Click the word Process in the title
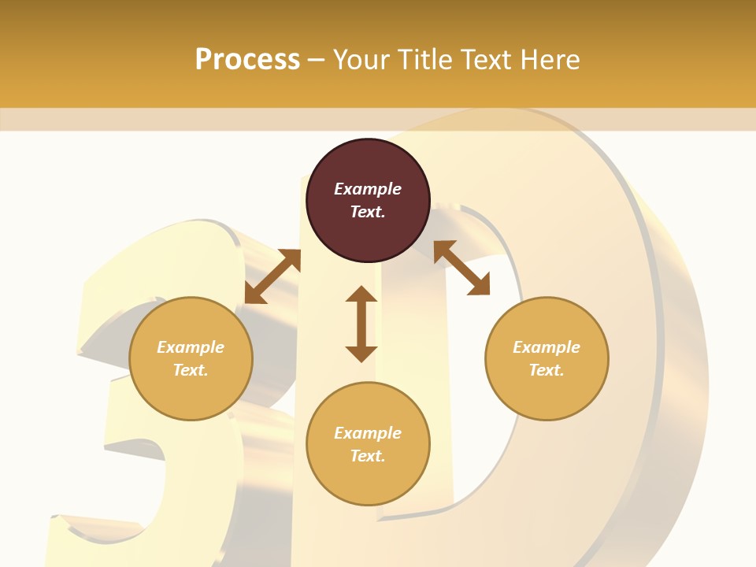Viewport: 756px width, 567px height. click(x=247, y=60)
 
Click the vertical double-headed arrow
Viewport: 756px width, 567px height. click(x=361, y=324)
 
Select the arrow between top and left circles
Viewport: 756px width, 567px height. click(x=272, y=276)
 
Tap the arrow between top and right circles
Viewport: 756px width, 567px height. click(x=461, y=268)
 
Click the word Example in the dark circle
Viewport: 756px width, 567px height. click(x=368, y=189)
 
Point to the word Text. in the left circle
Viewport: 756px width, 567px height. click(x=191, y=370)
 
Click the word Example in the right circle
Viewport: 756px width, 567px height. click(x=547, y=347)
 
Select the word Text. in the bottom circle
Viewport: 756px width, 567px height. click(x=368, y=456)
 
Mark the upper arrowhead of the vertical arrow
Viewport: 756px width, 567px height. click(x=361, y=295)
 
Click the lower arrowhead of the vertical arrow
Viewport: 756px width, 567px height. click(x=361, y=353)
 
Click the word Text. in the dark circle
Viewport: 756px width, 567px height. click(x=368, y=212)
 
